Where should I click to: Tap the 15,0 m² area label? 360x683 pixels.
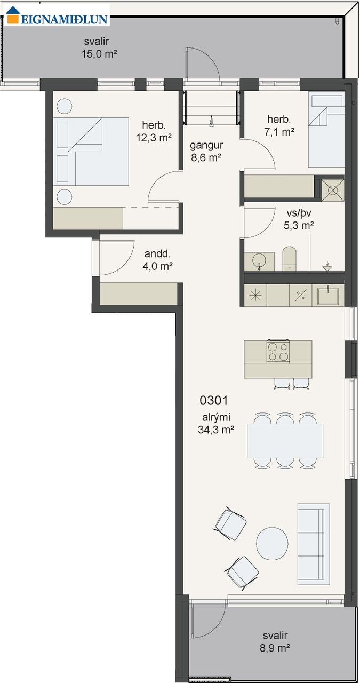click(x=99, y=54)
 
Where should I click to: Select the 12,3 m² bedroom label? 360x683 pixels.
click(x=154, y=138)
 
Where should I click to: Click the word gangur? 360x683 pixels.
click(x=206, y=146)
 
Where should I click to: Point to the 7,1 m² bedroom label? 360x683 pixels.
click(x=279, y=132)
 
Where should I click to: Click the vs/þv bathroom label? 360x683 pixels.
click(x=299, y=213)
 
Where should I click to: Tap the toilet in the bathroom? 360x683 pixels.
click(x=289, y=259)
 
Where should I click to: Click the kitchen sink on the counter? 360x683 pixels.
click(x=328, y=295)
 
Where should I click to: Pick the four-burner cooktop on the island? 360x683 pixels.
click(x=278, y=351)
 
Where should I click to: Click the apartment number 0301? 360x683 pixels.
click(x=214, y=400)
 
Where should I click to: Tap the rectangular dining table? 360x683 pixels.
click(x=285, y=441)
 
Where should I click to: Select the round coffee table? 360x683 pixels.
click(x=272, y=544)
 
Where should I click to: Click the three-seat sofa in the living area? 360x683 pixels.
click(x=314, y=544)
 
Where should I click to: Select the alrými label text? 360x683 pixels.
click(x=216, y=417)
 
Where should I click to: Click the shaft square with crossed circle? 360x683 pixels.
click(x=333, y=190)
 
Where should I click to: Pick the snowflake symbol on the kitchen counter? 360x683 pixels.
click(x=255, y=295)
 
